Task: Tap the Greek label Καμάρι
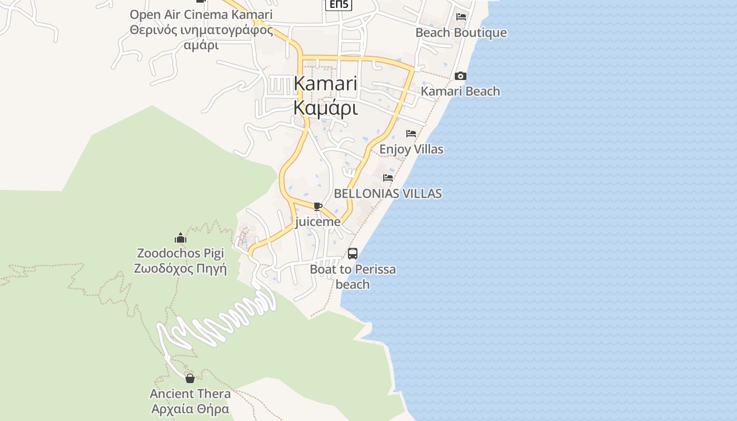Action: (x=325, y=108)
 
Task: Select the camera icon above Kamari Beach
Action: (x=461, y=76)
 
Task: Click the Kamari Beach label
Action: (x=460, y=91)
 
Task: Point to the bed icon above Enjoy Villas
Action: (x=411, y=134)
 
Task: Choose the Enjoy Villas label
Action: (x=411, y=149)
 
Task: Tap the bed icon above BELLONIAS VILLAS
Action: (x=388, y=178)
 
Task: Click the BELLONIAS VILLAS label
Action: (x=388, y=193)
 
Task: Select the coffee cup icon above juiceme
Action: (x=317, y=206)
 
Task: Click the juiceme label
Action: (x=318, y=222)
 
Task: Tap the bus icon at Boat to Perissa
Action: (x=353, y=254)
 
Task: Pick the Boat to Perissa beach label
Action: (x=353, y=277)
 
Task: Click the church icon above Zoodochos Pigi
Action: (x=181, y=238)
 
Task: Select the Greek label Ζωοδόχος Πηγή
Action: (x=181, y=268)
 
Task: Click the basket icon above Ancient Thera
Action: (x=190, y=378)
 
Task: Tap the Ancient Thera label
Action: (x=190, y=394)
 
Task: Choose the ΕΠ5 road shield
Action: (x=338, y=5)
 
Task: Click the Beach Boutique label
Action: (x=461, y=33)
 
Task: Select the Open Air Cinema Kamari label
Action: (x=201, y=14)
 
